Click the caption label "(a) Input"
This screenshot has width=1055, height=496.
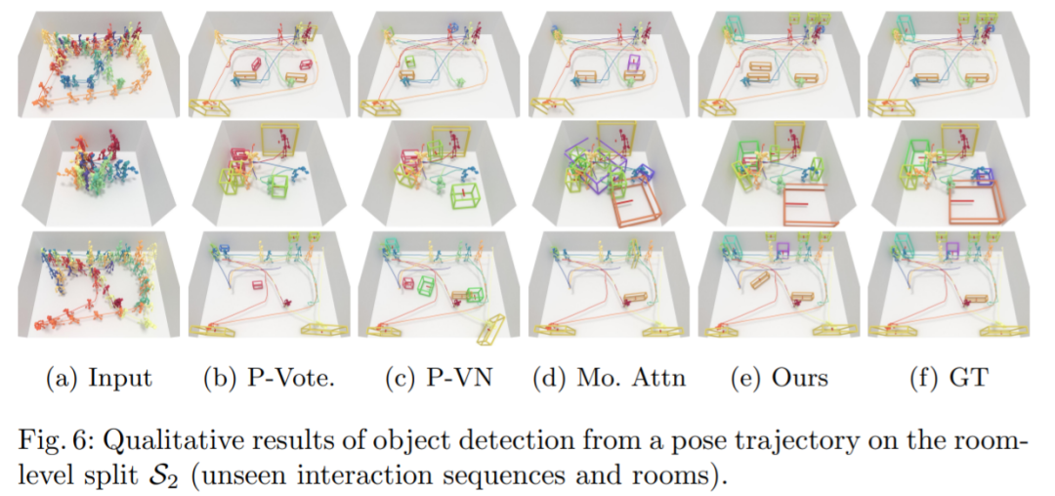pyautogui.click(x=100, y=378)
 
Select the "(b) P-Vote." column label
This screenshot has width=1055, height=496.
pyautogui.click(x=269, y=378)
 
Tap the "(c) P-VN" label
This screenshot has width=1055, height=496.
pyautogui.click(x=439, y=378)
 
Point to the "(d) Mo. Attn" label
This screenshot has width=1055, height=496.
pyautogui.click(x=609, y=378)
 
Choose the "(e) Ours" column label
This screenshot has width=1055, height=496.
pyautogui.click(x=778, y=378)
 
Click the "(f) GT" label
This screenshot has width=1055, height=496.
pyautogui.click(x=948, y=378)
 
